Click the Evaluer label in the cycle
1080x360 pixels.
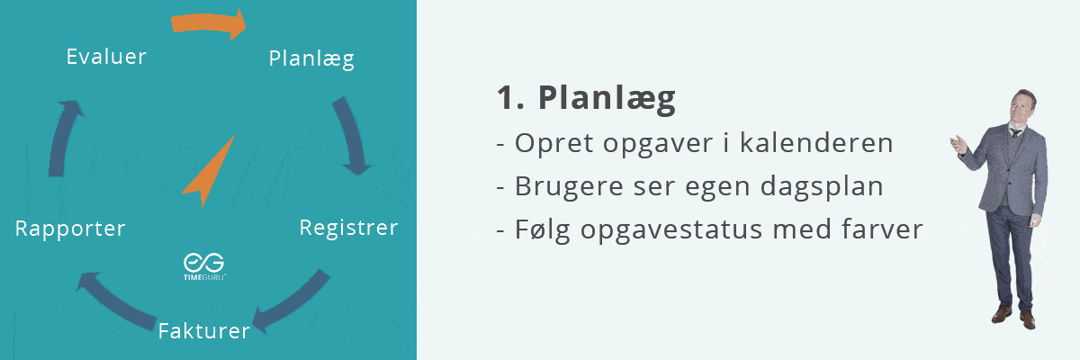click(106, 57)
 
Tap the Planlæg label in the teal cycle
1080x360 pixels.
click(311, 59)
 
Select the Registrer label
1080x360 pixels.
click(348, 228)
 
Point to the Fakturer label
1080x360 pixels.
click(204, 331)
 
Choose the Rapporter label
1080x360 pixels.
click(70, 229)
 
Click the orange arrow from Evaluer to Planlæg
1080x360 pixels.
click(208, 22)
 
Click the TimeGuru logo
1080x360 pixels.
click(204, 266)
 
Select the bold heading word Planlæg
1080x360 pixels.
click(607, 99)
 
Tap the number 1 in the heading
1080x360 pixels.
click(506, 98)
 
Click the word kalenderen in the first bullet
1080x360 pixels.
click(816, 143)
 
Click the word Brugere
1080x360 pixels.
click(569, 187)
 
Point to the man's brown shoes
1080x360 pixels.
click(1014, 317)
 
